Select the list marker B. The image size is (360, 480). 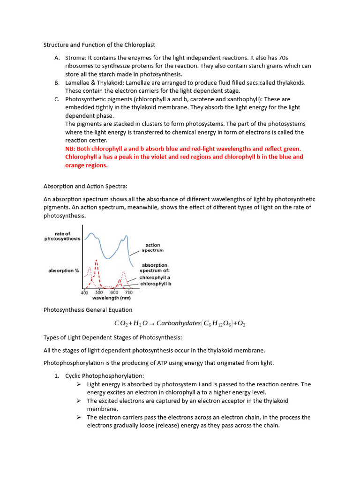point(57,82)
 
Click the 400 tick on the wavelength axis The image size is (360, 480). point(84,292)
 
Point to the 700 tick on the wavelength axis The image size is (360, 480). point(129,292)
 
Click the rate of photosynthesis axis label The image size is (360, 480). point(62,236)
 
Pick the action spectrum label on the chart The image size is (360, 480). point(152,247)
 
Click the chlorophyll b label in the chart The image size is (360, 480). point(155,284)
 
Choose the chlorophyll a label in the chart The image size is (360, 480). point(155,277)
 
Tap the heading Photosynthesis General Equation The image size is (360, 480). point(88,310)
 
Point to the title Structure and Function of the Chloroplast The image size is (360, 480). point(99,45)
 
